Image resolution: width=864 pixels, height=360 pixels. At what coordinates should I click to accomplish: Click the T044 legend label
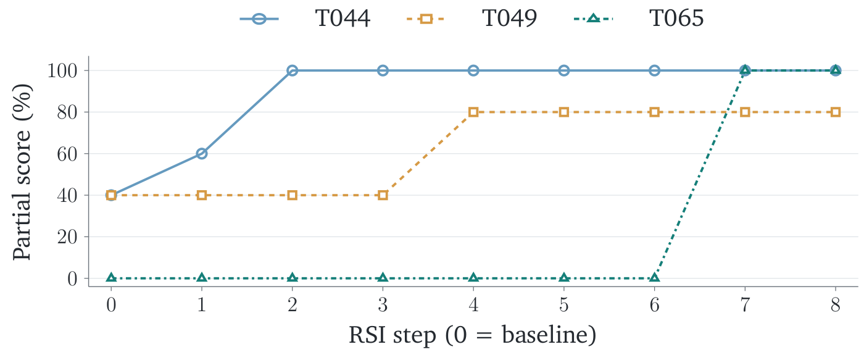(x=343, y=18)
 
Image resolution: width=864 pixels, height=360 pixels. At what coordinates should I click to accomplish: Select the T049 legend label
(x=510, y=18)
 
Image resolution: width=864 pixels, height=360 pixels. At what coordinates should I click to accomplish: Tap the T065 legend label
(x=676, y=18)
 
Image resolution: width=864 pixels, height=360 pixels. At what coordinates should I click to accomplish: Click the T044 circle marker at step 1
(x=201, y=154)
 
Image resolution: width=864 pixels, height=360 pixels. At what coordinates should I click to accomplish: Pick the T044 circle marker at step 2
(x=292, y=70)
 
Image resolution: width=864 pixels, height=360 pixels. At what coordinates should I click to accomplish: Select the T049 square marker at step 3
(x=383, y=195)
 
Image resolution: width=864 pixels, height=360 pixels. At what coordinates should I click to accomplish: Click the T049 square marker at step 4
(x=473, y=112)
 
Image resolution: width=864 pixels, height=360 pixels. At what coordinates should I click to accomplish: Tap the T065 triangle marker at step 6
(x=654, y=278)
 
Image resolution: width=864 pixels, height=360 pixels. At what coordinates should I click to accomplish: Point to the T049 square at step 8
(x=836, y=112)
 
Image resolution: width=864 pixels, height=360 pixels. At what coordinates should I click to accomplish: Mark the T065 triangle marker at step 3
(x=383, y=278)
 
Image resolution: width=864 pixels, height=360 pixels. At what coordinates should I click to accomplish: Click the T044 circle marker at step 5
(x=564, y=70)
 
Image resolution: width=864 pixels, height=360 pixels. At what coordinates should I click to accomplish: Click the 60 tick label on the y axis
(x=67, y=154)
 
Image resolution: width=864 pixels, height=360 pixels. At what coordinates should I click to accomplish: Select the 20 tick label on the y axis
(x=67, y=237)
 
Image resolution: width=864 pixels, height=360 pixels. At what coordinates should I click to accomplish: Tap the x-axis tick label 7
(x=745, y=305)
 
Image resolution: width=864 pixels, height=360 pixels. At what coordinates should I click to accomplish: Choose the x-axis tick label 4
(x=473, y=305)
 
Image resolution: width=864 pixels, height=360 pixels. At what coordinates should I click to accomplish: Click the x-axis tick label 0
(x=111, y=305)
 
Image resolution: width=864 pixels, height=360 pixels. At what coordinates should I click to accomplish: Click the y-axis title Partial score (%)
(x=22, y=172)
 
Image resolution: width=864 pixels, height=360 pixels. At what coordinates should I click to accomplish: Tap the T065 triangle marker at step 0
(x=111, y=278)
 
